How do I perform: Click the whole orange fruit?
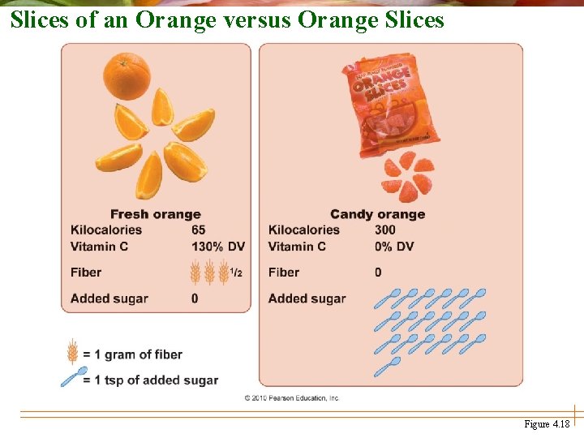tap(127, 75)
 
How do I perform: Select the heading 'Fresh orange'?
tap(155, 214)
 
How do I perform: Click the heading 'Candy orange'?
tap(377, 214)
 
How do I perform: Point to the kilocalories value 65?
tap(199, 230)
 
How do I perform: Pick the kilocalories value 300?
tap(385, 230)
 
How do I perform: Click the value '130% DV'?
tap(217, 247)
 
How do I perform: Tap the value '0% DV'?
tap(394, 247)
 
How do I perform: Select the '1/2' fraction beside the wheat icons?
tap(236, 273)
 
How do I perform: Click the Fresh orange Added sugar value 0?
tap(195, 298)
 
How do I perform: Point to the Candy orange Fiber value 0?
tap(378, 273)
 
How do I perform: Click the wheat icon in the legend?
tap(72, 352)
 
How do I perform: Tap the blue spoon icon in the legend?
tap(74, 377)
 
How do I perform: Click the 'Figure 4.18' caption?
tap(547, 424)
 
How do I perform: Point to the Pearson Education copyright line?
tap(291, 397)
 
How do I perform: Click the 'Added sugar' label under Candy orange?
tap(307, 298)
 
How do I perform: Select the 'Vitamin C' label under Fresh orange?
tap(99, 247)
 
